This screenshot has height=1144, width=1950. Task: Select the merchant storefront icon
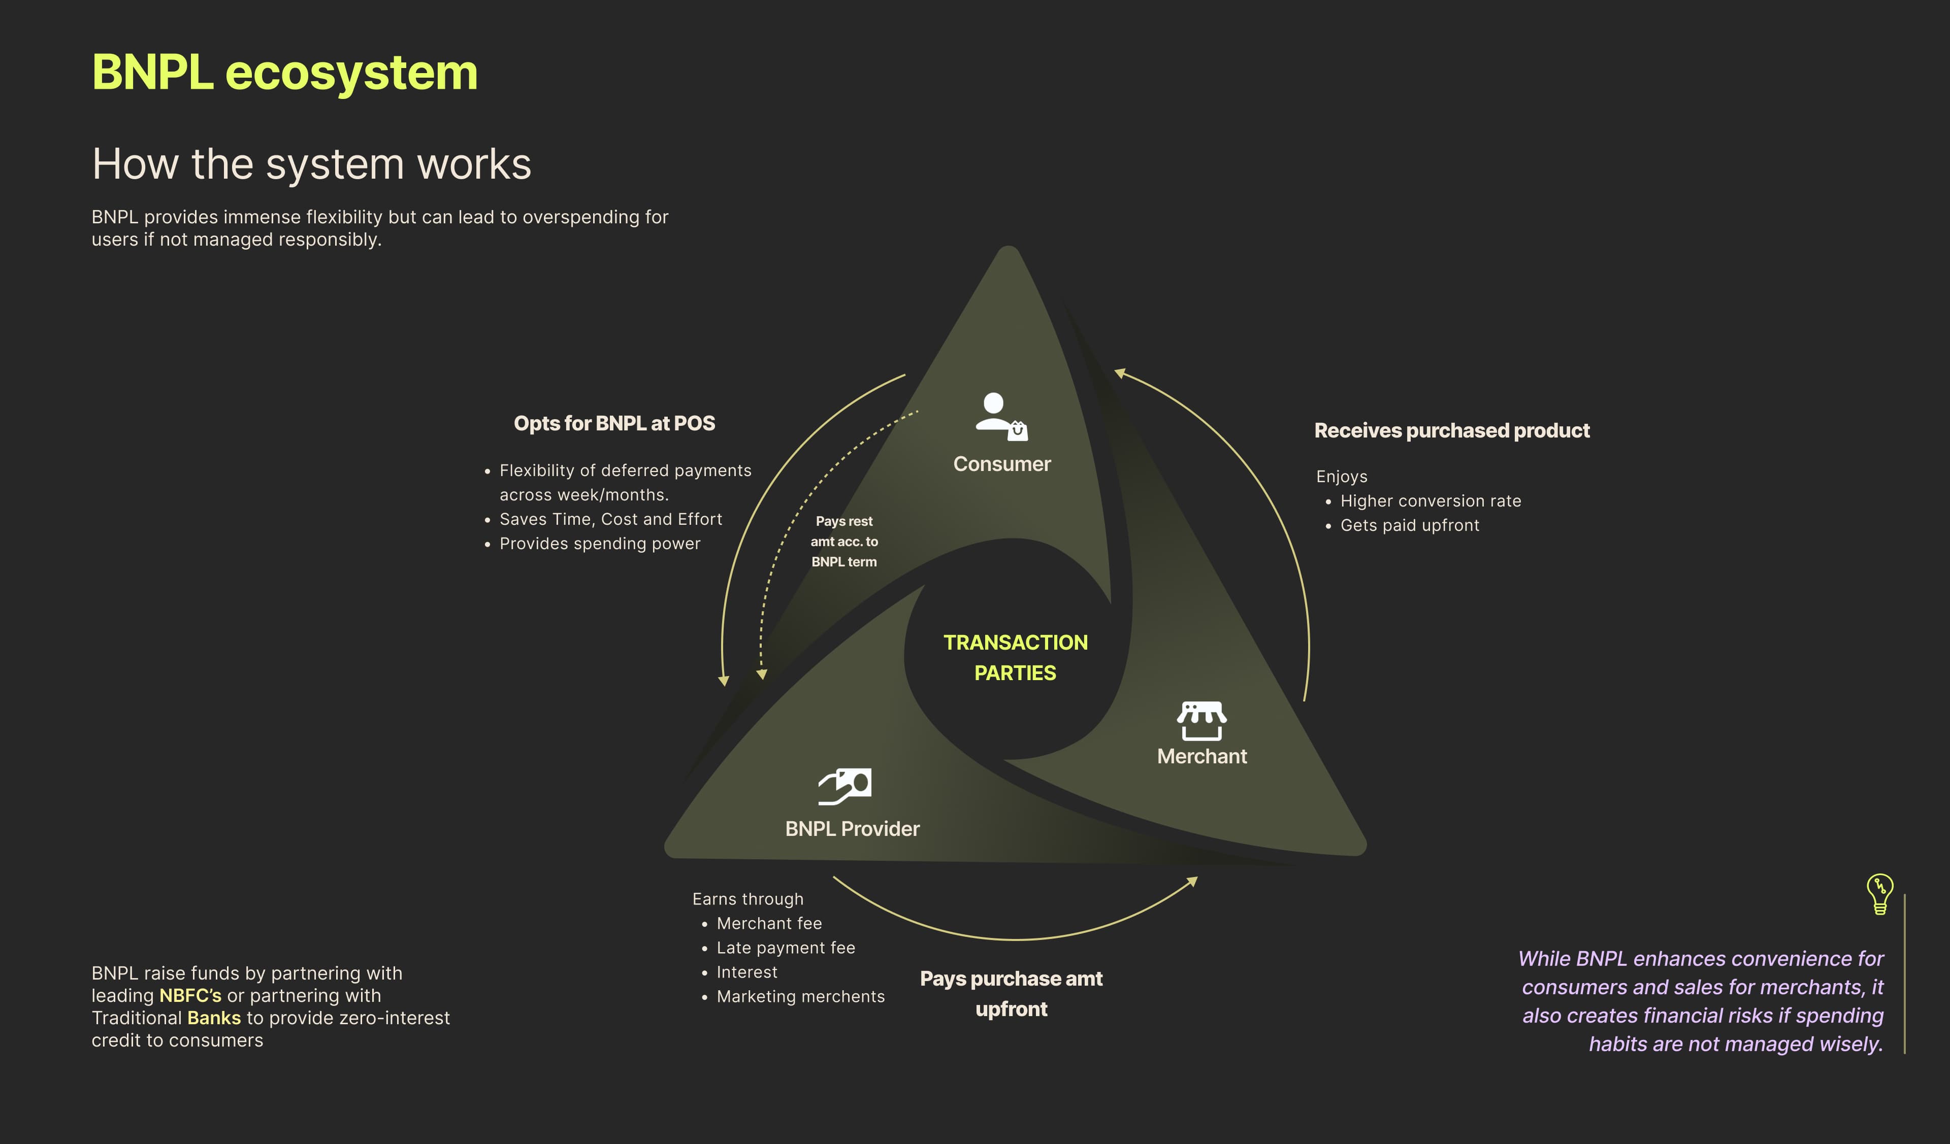pyautogui.click(x=1201, y=720)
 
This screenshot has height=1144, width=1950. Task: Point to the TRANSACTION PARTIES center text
pyautogui.click(x=1015, y=657)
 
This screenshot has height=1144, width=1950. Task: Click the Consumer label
pyautogui.click(x=1002, y=464)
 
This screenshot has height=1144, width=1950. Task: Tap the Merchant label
pyautogui.click(x=1201, y=756)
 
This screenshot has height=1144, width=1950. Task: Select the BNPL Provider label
pyautogui.click(x=852, y=829)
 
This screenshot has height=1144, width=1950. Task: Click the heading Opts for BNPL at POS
pyautogui.click(x=614, y=424)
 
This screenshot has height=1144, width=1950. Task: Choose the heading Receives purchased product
pyautogui.click(x=1452, y=431)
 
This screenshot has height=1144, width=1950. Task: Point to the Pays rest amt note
pyautogui.click(x=844, y=542)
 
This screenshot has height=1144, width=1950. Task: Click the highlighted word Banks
pyautogui.click(x=214, y=1018)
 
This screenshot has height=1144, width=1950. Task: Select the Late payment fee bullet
pyautogui.click(x=786, y=948)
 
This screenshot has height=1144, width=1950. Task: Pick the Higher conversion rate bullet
pyautogui.click(x=1430, y=501)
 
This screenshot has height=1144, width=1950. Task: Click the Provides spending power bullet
pyautogui.click(x=600, y=544)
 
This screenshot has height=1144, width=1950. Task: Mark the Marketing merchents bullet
pyautogui.click(x=800, y=996)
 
